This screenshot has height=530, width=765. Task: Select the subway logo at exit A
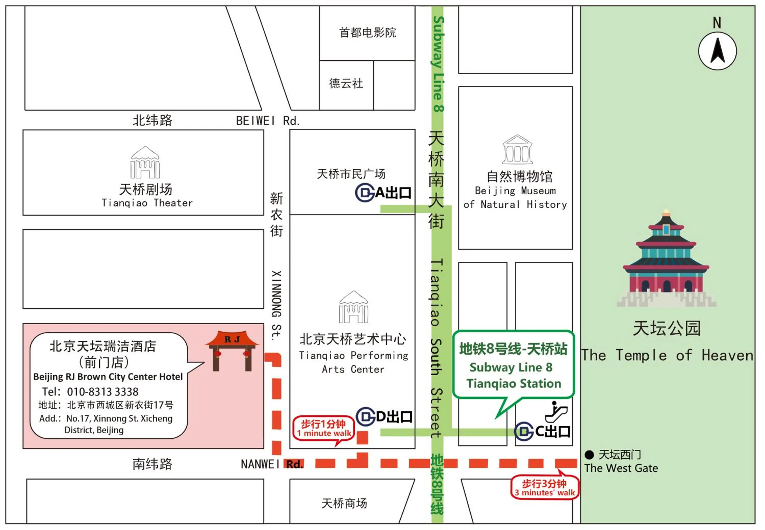pyautogui.click(x=365, y=193)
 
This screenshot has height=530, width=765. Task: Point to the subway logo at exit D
pyautogui.click(x=366, y=416)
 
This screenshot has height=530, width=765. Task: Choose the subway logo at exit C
pyautogui.click(x=524, y=431)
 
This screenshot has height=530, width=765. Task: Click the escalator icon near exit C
pyautogui.click(x=556, y=412)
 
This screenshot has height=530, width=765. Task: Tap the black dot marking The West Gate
pyautogui.click(x=589, y=455)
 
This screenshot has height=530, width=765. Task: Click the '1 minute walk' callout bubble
pyautogui.click(x=324, y=428)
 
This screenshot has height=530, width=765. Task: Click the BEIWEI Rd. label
pyautogui.click(x=267, y=121)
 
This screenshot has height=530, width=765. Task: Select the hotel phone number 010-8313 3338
pyautogui.click(x=103, y=392)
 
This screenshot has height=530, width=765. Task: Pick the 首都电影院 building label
pyautogui.click(x=367, y=33)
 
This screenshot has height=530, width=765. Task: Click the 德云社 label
pyautogui.click(x=346, y=83)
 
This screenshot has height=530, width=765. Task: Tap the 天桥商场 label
pyautogui.click(x=344, y=503)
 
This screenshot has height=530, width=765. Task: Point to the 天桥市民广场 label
pyautogui.click(x=351, y=174)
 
